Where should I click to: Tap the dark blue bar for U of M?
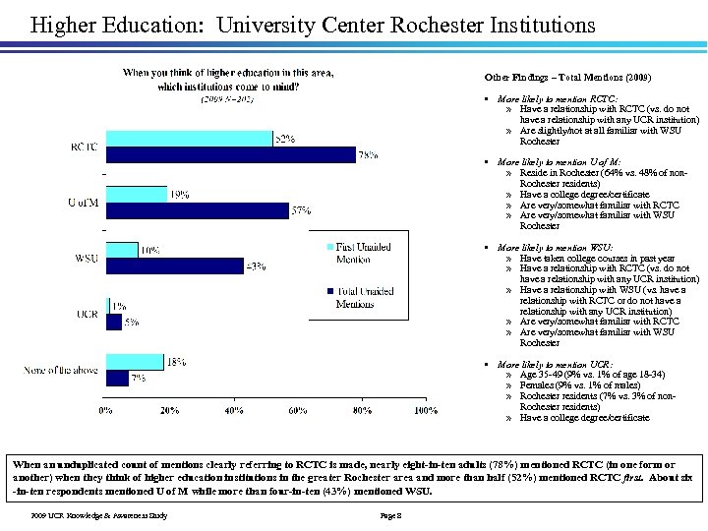tap(196, 208)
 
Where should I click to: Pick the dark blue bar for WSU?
tap(173, 265)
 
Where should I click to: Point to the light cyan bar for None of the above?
tap(133, 362)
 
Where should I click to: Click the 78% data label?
tap(369, 155)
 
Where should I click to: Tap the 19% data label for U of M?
tap(179, 195)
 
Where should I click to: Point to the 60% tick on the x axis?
tap(297, 409)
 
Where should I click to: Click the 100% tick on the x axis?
tap(425, 409)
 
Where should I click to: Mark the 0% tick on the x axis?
tap(104, 409)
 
